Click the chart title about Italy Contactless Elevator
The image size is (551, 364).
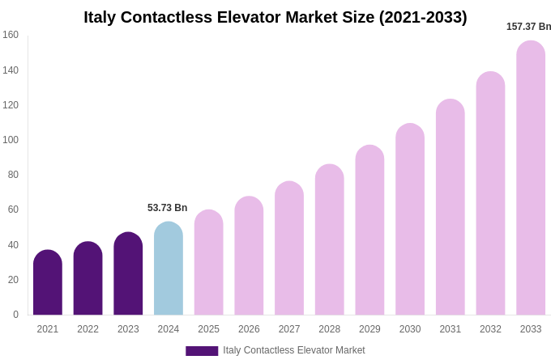pyautogui.click(x=275, y=17)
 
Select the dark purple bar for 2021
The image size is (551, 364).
pyautogui.click(x=48, y=283)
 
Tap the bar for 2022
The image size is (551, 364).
pyautogui.click(x=88, y=279)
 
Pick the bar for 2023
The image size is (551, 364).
pyautogui.click(x=128, y=274)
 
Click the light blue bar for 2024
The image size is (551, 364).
pyautogui.click(x=169, y=269)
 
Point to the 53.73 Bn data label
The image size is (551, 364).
pyautogui.click(x=167, y=208)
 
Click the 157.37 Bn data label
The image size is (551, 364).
pyautogui.click(x=528, y=27)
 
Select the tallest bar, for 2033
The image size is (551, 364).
pyautogui.click(x=531, y=178)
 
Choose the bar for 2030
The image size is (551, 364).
pyautogui.click(x=410, y=219)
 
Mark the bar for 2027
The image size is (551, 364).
pyautogui.click(x=289, y=248)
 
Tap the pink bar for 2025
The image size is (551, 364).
pyautogui.click(x=208, y=263)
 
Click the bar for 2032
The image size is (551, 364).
pyautogui.click(x=490, y=193)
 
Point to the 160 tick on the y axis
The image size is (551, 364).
pyautogui.click(x=11, y=35)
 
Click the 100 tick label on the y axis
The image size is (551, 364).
pyautogui.click(x=11, y=140)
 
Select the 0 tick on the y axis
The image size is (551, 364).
pyautogui.click(x=15, y=315)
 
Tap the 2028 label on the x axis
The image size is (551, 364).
pyautogui.click(x=330, y=329)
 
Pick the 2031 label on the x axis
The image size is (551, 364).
pyautogui.click(x=451, y=329)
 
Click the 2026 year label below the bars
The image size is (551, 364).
pyautogui.click(x=249, y=329)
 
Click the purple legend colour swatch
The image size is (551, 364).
pyautogui.click(x=202, y=351)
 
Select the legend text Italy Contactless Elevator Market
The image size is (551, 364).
pyautogui.click(x=294, y=350)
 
